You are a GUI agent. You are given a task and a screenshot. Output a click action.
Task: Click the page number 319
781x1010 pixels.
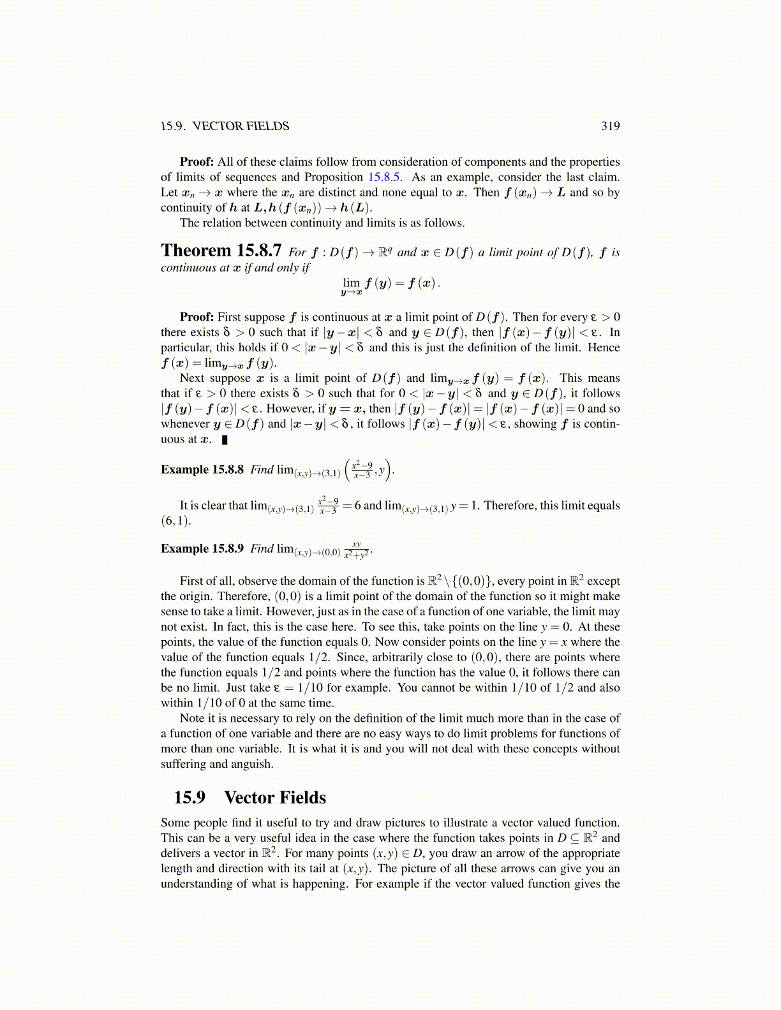pos(610,126)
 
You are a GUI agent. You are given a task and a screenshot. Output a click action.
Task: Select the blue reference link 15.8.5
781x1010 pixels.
pos(383,177)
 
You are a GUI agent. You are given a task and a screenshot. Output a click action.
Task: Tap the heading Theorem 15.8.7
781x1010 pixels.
pos(221,251)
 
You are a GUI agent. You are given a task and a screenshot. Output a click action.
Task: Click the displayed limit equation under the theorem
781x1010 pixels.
pos(390,284)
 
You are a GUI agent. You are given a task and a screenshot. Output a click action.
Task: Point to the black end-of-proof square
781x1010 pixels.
pos(225,439)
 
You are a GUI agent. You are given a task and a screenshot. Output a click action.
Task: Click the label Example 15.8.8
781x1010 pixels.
pos(202,470)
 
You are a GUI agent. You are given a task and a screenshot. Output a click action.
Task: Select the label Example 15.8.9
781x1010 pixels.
pos(202,549)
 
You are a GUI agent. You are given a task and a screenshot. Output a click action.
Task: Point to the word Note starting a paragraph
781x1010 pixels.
pos(192,718)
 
